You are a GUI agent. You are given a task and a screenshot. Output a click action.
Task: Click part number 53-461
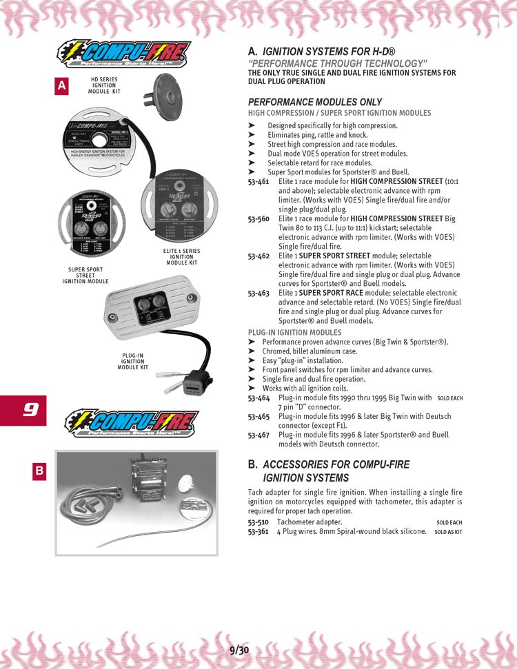click(x=258, y=181)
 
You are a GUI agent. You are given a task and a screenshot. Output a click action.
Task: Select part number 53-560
click(x=258, y=218)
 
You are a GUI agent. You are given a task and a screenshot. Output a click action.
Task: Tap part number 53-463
click(x=258, y=293)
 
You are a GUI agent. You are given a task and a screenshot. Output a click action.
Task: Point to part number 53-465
click(x=258, y=416)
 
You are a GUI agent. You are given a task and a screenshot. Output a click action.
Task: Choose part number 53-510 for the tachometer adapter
click(x=258, y=522)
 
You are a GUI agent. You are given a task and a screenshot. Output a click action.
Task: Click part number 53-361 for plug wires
click(x=258, y=531)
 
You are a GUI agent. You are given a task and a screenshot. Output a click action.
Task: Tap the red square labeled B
click(x=40, y=471)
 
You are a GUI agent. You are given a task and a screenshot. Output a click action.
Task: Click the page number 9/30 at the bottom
click(x=239, y=650)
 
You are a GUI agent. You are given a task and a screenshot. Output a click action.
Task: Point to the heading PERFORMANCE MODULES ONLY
click(x=314, y=102)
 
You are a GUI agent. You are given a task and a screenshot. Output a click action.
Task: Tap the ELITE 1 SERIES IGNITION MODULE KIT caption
click(x=182, y=256)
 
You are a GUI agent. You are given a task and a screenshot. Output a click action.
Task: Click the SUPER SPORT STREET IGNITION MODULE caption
click(x=85, y=276)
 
